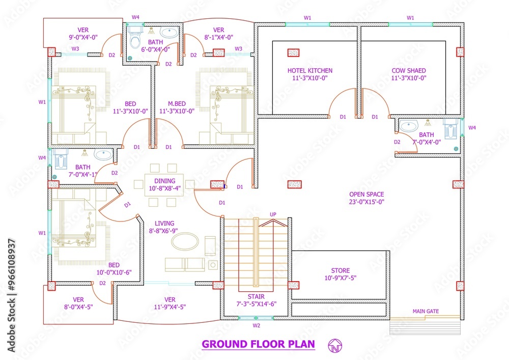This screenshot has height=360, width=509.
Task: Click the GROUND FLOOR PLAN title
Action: [258, 344]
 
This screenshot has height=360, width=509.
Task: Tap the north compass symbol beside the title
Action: [334, 345]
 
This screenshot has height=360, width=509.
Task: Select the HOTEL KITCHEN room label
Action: [309, 71]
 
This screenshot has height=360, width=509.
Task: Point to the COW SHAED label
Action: [409, 71]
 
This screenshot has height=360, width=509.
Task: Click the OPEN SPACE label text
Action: [366, 194]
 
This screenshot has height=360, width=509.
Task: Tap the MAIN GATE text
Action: [426, 311]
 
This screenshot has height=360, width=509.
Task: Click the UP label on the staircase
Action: [273, 214]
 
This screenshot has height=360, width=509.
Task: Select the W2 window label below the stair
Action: [257, 324]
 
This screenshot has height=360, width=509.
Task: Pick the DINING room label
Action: [165, 181]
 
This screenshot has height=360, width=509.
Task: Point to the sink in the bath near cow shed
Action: [407, 125]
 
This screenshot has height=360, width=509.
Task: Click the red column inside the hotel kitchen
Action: [293, 52]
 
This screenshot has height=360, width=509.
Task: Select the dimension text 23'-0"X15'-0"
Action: [366, 202]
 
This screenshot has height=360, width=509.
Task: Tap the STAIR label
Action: [256, 296]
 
